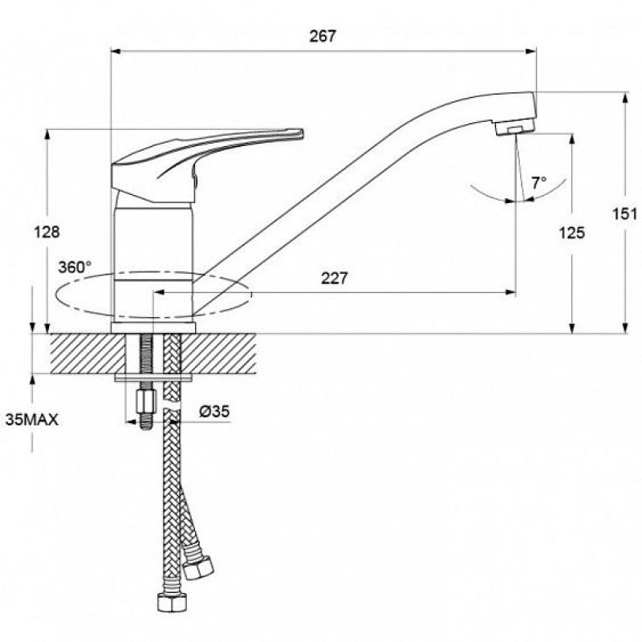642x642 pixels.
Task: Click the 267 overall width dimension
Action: [x=323, y=36]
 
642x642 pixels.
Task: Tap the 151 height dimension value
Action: [x=624, y=213]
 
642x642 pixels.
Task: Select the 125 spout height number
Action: [x=572, y=233]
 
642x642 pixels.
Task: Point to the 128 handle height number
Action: [x=47, y=232]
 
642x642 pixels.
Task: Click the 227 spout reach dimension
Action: [x=334, y=278]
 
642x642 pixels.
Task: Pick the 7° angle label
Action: [x=538, y=183]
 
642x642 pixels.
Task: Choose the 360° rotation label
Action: [x=75, y=267]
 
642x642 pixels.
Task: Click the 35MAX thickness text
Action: [x=32, y=420]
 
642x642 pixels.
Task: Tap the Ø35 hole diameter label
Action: [x=214, y=411]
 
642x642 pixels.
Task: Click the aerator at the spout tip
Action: [x=514, y=127]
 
